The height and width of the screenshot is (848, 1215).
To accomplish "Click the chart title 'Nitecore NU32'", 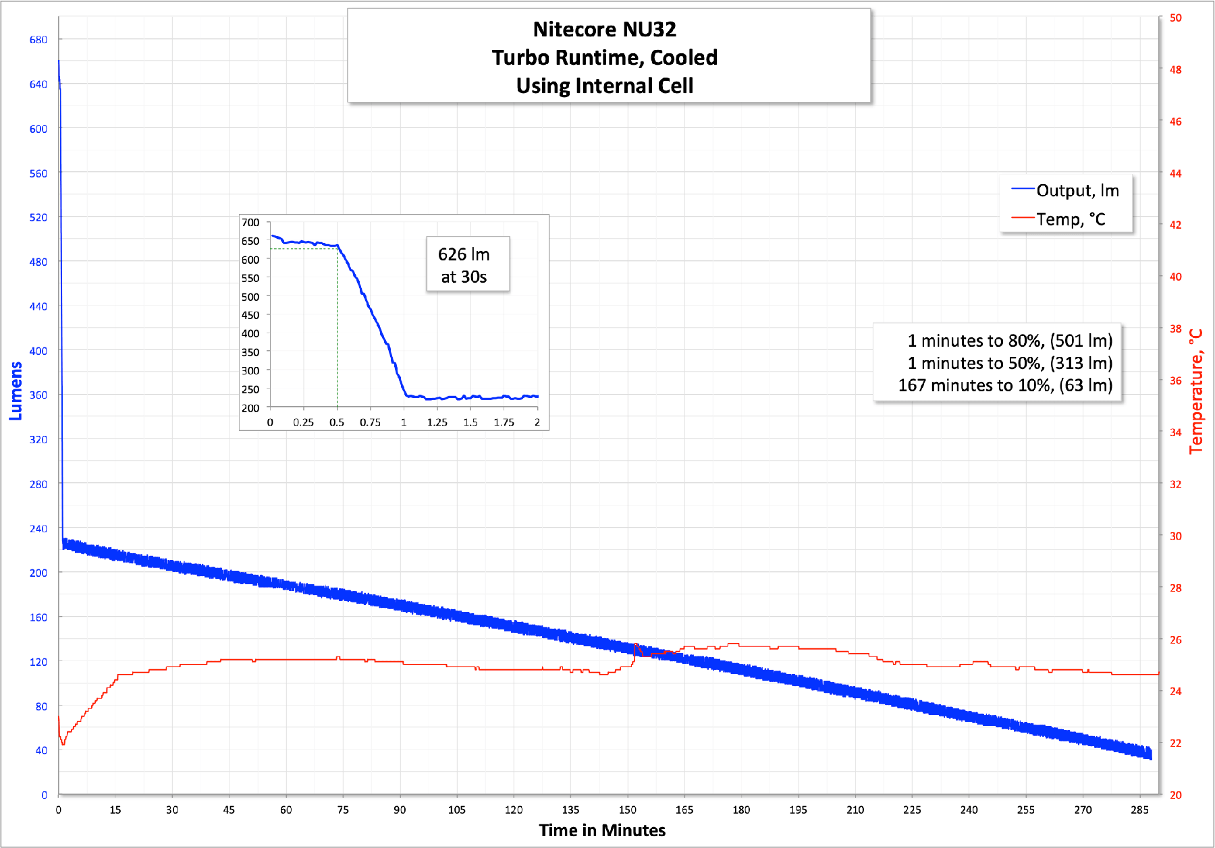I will tap(604, 30).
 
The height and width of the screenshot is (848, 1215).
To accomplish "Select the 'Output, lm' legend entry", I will tap(1077, 191).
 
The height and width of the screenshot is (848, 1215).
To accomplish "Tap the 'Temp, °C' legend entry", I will tap(1071, 219).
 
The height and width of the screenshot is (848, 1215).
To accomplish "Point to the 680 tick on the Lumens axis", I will tap(38, 40).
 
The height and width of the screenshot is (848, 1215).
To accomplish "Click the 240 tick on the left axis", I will tap(38, 529).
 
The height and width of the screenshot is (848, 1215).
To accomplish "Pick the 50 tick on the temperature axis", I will tap(1176, 18).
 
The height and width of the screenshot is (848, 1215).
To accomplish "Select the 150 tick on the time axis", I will tap(628, 810).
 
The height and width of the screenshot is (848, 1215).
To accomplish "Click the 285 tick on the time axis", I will tap(1139, 810).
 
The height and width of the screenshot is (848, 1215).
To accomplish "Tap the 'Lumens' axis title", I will tap(16, 391).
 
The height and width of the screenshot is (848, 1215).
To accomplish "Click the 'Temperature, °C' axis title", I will tap(1196, 391).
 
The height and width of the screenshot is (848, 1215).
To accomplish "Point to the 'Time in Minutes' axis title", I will tap(602, 830).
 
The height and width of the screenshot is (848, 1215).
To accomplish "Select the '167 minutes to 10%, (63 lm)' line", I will tap(1005, 385).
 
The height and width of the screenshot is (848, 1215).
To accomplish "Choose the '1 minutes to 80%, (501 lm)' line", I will tap(1010, 341).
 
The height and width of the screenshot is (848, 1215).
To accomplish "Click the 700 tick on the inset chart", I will tap(250, 223).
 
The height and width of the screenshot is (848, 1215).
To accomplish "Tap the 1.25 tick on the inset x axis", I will tap(437, 422).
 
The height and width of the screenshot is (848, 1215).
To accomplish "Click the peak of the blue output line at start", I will tap(59, 61).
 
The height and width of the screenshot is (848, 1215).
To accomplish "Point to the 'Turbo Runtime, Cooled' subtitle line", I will tap(604, 58).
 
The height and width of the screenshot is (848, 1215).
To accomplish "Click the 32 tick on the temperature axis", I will tap(1176, 484).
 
